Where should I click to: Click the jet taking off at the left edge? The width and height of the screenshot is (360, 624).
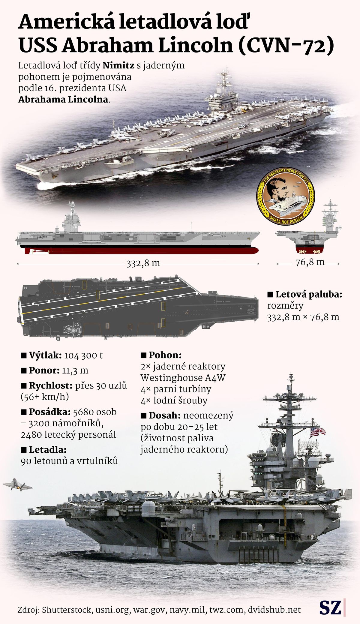(x=17, y=484)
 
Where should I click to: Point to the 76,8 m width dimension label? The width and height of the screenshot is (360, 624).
(x=310, y=262)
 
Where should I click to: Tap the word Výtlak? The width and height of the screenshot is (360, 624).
(x=45, y=355)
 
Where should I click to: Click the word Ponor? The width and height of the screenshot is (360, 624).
(x=44, y=370)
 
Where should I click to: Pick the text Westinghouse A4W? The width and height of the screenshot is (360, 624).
(x=183, y=378)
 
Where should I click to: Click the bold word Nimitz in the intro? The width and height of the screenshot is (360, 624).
(x=118, y=66)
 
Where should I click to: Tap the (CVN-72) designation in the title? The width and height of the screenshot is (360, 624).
(x=286, y=46)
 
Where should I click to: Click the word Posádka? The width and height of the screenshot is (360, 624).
(x=50, y=412)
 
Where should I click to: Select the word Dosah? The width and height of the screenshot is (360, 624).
(x=164, y=416)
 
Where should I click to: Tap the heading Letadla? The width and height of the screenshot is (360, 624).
(x=47, y=450)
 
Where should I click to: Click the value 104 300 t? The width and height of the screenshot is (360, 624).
(x=83, y=355)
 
